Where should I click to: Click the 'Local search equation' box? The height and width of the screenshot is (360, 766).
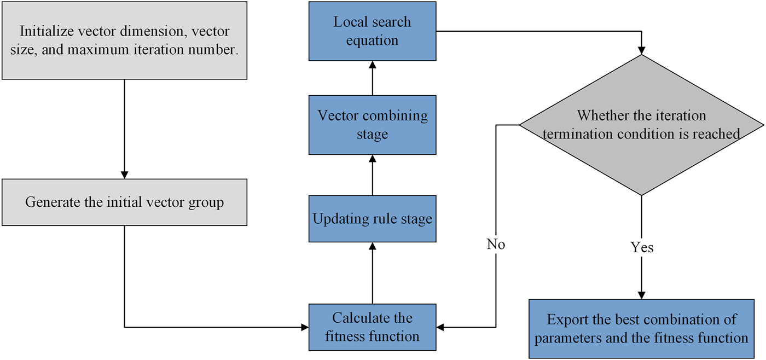pyautogui.click(x=372, y=31)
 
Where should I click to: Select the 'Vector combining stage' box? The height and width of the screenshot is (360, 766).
pyautogui.click(x=372, y=125)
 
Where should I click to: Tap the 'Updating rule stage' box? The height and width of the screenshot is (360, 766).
pyautogui.click(x=372, y=219)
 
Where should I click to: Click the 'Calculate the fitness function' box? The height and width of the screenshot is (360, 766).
pyautogui.click(x=372, y=327)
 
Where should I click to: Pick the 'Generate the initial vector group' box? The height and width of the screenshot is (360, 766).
pyautogui.click(x=124, y=202)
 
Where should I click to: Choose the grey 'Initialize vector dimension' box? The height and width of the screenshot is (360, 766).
pyautogui.click(x=124, y=40)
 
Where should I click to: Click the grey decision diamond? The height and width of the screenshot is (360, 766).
pyautogui.click(x=641, y=125)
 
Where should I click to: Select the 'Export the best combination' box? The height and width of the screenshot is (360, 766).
pyautogui.click(x=641, y=329)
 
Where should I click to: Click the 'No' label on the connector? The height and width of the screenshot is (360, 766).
pyautogui.click(x=496, y=245)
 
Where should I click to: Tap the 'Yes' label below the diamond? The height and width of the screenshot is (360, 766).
pyautogui.click(x=641, y=247)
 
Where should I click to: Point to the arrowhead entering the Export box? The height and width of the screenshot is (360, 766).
pyautogui.click(x=641, y=295)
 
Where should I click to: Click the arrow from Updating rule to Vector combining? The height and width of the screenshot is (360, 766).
pyautogui.click(x=372, y=175)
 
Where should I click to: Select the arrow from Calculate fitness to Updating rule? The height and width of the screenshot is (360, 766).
pyautogui.click(x=372, y=274)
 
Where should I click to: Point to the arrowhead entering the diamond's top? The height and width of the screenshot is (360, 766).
pyautogui.click(x=641, y=50)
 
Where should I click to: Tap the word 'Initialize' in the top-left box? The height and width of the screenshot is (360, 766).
pyautogui.click(x=44, y=31)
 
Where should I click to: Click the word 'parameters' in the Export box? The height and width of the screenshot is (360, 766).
pyautogui.click(x=566, y=338)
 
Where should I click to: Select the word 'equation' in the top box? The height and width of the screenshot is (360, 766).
pyautogui.click(x=372, y=40)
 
